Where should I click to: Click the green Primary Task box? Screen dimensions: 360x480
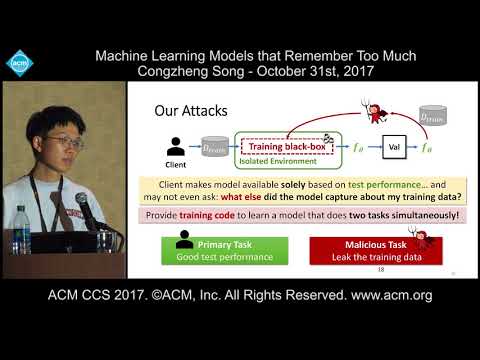click(219, 251)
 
